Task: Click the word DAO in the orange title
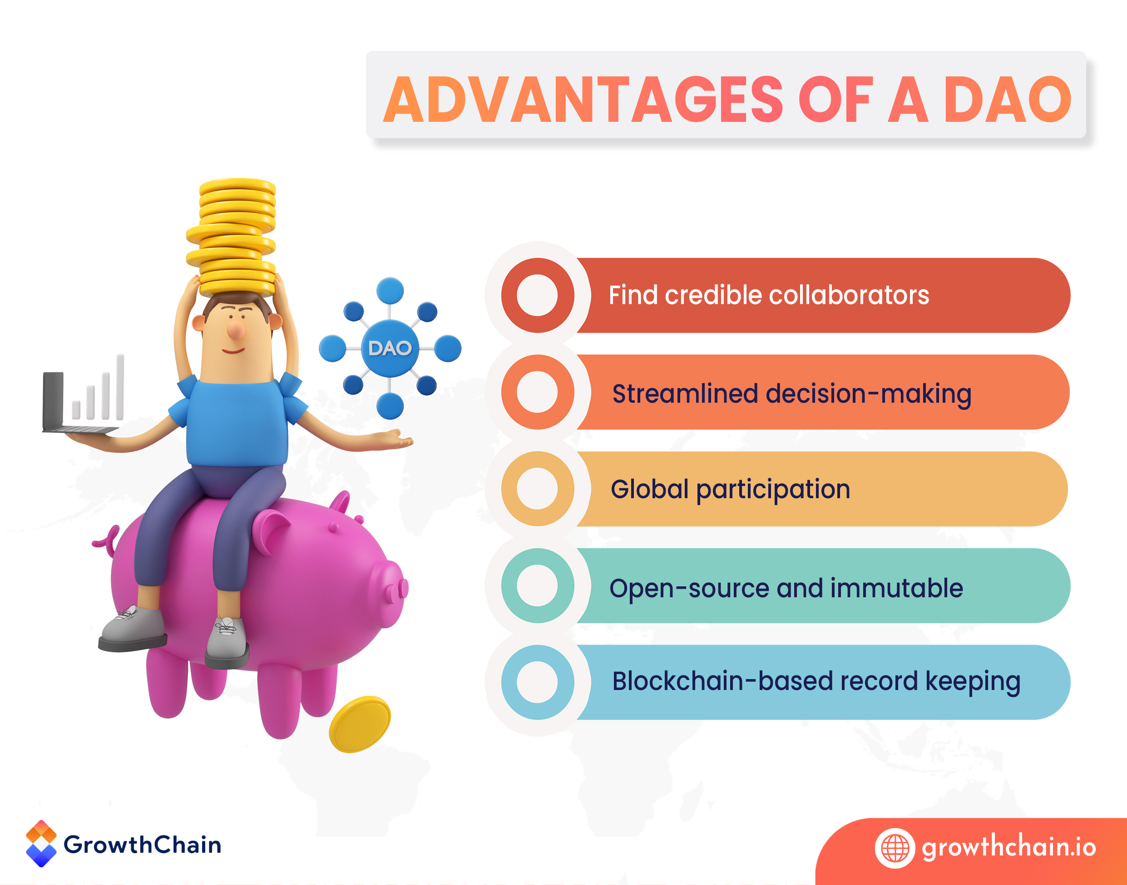coord(1007,99)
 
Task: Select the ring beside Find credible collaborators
coord(537,295)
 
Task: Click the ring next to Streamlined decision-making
coord(537,392)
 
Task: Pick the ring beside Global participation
coord(537,489)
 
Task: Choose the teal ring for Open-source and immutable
coord(537,585)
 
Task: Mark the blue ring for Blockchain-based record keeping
coord(537,682)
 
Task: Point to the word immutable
coord(897,588)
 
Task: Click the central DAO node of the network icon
coord(390,348)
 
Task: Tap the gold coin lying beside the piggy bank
coord(360,724)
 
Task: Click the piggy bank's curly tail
coord(106,539)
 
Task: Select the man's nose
coord(236,329)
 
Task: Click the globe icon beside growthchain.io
coord(895,848)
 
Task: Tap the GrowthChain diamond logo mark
coord(41,844)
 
